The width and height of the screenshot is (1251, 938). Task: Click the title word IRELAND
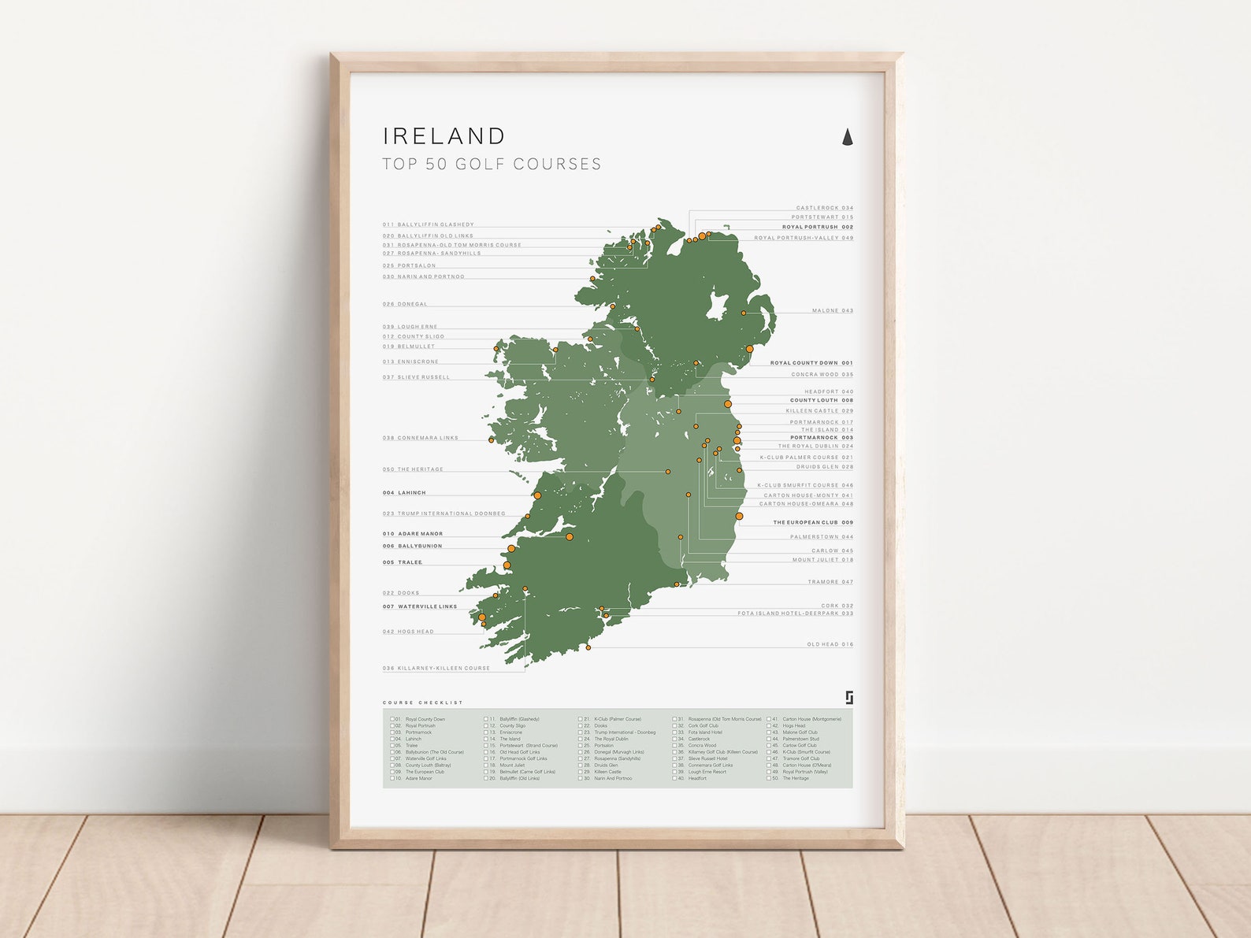click(x=444, y=136)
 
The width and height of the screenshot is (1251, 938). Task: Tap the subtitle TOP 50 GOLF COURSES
click(x=492, y=164)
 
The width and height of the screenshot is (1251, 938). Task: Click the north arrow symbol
click(x=848, y=137)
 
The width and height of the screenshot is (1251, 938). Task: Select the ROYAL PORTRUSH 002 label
click(x=817, y=227)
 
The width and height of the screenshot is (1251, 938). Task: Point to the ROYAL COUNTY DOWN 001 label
click(x=811, y=363)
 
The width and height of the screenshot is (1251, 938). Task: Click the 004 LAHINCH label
click(x=404, y=493)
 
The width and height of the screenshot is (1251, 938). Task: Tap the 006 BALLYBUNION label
click(x=412, y=546)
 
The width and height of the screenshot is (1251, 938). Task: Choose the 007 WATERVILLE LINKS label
click(x=420, y=606)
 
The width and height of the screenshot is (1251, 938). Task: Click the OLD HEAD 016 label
click(x=830, y=644)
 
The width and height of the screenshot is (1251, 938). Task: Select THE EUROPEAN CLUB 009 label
click(x=812, y=522)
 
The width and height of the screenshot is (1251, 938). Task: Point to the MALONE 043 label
click(x=833, y=310)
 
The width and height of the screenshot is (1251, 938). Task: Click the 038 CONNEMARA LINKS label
click(x=420, y=438)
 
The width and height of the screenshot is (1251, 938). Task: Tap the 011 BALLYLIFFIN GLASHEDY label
click(x=428, y=224)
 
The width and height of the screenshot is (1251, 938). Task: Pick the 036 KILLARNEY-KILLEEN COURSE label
click(x=436, y=668)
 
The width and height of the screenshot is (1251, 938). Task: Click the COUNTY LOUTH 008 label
click(x=821, y=400)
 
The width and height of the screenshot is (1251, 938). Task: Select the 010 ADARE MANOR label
click(x=413, y=534)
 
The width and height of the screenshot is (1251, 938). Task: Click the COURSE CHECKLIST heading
click(x=423, y=703)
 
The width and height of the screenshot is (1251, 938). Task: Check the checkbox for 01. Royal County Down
click(x=392, y=719)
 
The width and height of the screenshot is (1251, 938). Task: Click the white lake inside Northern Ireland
click(x=716, y=306)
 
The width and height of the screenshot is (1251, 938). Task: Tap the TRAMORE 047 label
click(x=830, y=582)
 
